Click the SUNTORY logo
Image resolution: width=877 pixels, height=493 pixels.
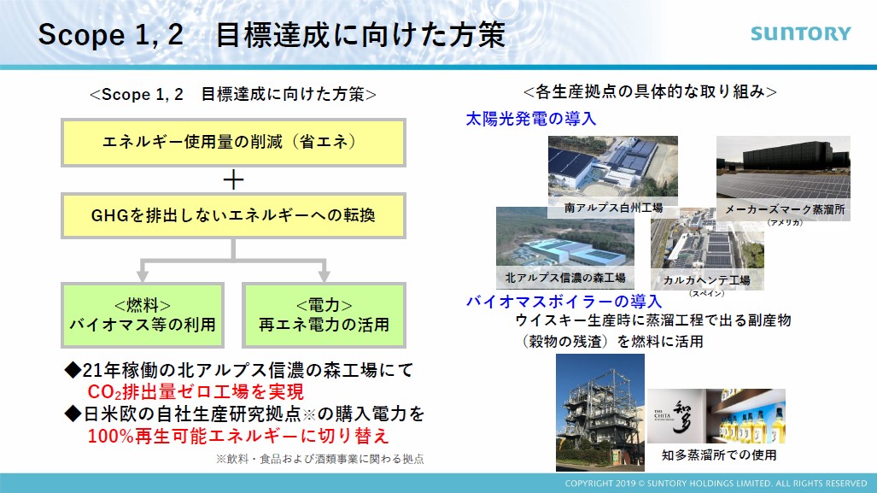coord(800,33)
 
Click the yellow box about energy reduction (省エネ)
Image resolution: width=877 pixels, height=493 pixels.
coord(233,142)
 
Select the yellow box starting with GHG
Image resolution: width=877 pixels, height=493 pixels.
coord(233,215)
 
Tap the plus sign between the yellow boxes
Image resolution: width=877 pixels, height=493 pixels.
coord(233,179)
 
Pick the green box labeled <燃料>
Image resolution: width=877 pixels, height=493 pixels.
coord(143,315)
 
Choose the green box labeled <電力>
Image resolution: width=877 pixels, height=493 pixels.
coord(324,315)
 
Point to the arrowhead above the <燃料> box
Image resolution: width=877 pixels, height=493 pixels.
coord(143,276)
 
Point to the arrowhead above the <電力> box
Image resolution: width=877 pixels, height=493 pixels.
coord(324,276)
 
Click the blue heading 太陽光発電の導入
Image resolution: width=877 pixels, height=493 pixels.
coord(531,119)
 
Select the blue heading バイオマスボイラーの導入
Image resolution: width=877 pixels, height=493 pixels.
coord(564,302)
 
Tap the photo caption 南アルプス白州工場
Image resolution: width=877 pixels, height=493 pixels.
coord(614,208)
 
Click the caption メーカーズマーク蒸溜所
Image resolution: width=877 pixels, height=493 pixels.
coord(785,210)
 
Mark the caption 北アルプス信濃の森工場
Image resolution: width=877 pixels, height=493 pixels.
coord(565,278)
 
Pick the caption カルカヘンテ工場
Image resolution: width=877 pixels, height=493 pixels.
coord(706,280)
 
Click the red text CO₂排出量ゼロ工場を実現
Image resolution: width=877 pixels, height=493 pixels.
coord(196,391)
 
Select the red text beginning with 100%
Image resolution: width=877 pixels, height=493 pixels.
coord(237,436)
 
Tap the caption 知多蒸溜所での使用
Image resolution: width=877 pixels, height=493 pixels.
coord(719,455)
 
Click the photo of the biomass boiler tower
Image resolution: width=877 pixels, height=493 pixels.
coord(600,413)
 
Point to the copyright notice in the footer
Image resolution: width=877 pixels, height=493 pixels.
coord(716,484)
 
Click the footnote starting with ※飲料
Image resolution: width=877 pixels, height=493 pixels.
coord(320,460)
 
